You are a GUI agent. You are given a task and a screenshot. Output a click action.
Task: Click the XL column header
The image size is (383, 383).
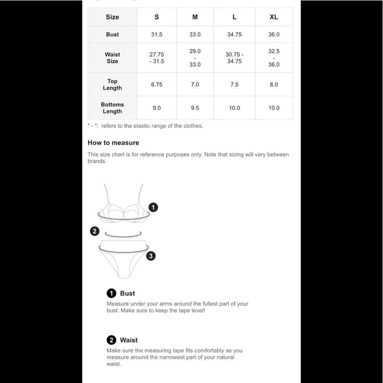pyautogui.click(x=273, y=17)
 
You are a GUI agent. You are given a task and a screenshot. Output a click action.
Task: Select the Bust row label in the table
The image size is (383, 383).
pyautogui.click(x=112, y=34)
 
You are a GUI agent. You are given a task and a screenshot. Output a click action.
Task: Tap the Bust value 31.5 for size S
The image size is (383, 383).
pyautogui.click(x=157, y=34)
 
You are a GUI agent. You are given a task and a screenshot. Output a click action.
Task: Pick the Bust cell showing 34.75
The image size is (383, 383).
pyautogui.click(x=234, y=34)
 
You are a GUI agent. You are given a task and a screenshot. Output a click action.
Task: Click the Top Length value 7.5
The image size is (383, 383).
pyautogui.click(x=234, y=85)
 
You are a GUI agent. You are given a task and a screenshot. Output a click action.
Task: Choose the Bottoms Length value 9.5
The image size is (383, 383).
pyautogui.click(x=195, y=108)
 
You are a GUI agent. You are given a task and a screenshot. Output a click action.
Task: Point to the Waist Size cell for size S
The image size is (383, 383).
pyautogui.click(x=157, y=58)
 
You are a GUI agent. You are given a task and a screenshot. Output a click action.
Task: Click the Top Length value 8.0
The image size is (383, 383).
pyautogui.click(x=273, y=85)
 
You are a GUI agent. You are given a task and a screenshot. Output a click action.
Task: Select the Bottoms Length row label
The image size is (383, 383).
pyautogui.click(x=112, y=108)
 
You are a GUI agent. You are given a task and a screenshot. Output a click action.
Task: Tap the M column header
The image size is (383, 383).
pyautogui.click(x=195, y=17)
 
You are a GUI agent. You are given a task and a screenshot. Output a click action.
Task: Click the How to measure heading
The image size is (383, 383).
pyautogui.click(x=113, y=143)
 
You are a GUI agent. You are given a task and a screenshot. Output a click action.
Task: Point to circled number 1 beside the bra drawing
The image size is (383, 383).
pyautogui.click(x=153, y=208)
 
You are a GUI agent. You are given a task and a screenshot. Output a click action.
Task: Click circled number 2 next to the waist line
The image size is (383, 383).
pyautogui.click(x=95, y=231)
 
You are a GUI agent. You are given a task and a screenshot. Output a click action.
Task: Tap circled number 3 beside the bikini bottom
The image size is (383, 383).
pyautogui.click(x=151, y=256)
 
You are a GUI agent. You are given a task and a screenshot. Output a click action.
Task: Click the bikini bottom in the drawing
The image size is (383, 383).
pyautogui.click(x=123, y=260)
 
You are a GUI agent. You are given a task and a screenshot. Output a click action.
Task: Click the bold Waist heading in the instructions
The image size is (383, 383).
pyautogui.click(x=129, y=340)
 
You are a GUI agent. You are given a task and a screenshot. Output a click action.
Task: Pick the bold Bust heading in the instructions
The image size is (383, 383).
pyautogui.click(x=127, y=293)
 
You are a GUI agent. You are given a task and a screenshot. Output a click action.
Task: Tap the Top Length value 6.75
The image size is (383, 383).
pyautogui.click(x=157, y=85)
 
